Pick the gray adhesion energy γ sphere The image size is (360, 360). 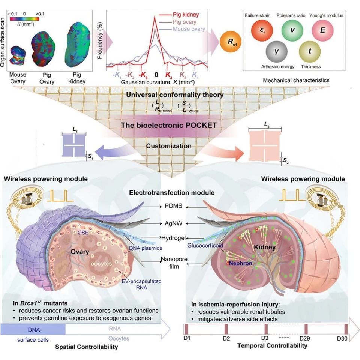pos(276,52)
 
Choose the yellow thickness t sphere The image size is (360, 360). pos(309,53)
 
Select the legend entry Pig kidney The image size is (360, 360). pos(188,15)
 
